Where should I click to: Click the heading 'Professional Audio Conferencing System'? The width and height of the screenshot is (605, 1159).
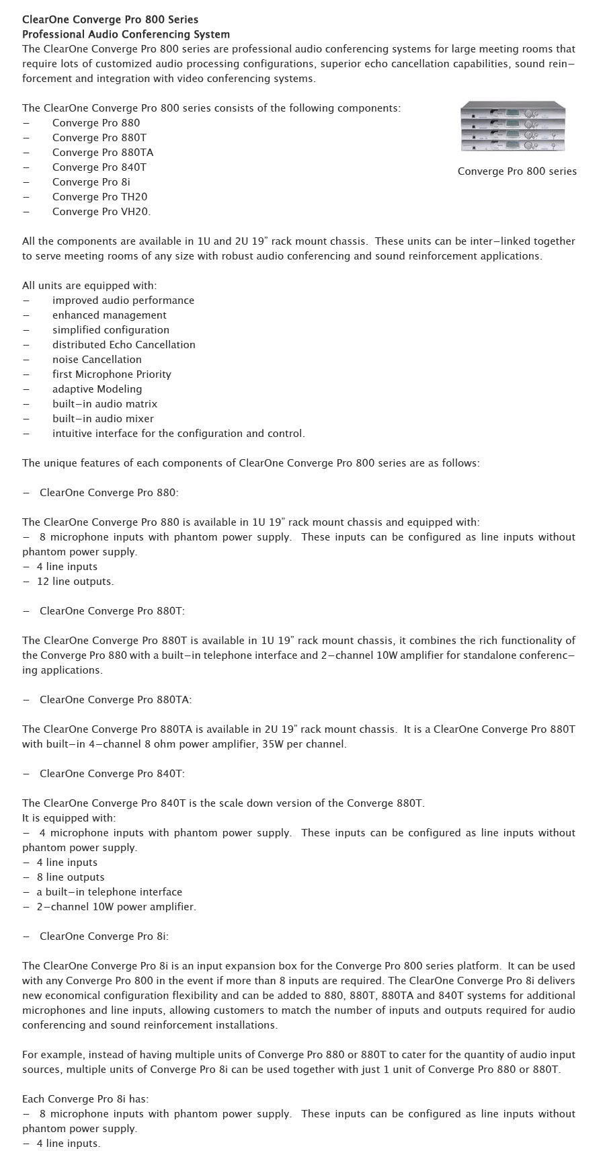tap(126, 34)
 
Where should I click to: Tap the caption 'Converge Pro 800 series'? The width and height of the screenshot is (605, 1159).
tap(517, 171)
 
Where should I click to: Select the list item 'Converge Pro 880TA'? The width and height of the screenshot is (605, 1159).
tap(103, 153)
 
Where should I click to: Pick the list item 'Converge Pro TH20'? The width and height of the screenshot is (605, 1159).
tap(99, 197)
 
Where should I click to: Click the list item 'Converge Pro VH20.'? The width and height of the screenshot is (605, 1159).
tap(102, 212)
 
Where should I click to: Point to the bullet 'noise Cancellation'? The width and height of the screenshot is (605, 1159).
tap(97, 360)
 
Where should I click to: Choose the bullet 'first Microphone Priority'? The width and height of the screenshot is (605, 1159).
tap(112, 374)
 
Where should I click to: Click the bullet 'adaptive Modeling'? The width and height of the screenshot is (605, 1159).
tap(97, 389)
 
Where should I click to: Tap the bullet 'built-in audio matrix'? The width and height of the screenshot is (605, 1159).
tap(105, 404)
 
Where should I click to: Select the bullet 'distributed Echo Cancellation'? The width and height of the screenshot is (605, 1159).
tap(124, 345)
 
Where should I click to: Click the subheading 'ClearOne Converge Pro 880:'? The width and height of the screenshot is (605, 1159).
tap(109, 493)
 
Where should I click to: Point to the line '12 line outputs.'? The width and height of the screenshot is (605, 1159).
tap(75, 582)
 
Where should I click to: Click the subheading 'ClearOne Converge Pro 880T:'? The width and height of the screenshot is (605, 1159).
tap(112, 611)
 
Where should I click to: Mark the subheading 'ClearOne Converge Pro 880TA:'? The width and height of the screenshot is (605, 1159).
tap(116, 700)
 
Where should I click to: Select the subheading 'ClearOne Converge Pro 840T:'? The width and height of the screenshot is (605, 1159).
tap(112, 774)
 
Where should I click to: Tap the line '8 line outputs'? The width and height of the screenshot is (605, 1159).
tap(71, 877)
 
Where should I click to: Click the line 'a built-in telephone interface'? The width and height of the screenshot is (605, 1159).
tap(109, 892)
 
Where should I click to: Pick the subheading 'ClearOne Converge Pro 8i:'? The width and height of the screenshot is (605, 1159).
tap(104, 936)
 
